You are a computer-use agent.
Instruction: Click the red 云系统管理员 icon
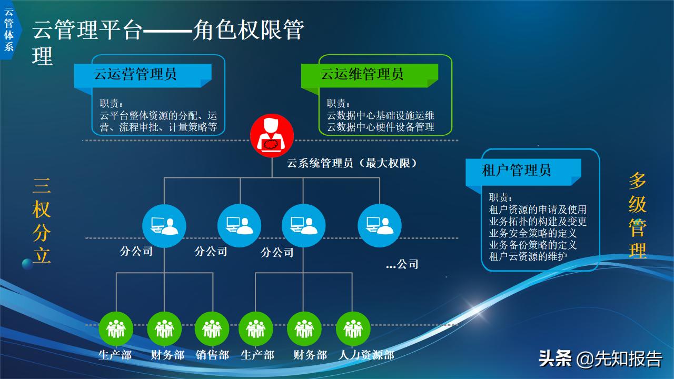point(272,135)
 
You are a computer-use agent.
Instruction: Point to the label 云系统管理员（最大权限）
point(352,163)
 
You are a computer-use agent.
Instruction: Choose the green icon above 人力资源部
point(353,329)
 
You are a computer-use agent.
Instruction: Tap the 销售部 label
point(212,355)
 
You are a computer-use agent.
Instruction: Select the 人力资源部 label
point(366,355)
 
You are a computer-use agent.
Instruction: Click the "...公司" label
point(402,264)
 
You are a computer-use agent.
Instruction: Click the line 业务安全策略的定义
point(533,233)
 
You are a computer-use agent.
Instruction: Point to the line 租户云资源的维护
point(528,257)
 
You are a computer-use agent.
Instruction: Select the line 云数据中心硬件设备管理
point(380,127)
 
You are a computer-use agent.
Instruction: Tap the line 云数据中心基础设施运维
point(380,115)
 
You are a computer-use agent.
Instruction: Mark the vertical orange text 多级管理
point(637,216)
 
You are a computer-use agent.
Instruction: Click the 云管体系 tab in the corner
point(9,29)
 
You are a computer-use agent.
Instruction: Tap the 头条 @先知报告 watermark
point(600,359)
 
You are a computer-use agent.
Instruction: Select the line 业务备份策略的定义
point(533,245)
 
